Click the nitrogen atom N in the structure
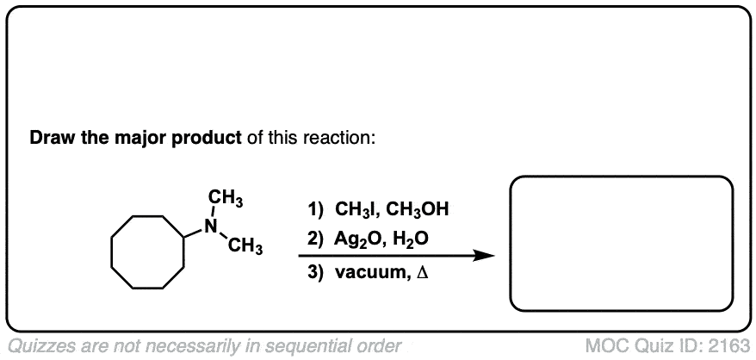click(x=210, y=226)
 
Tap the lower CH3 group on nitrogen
click(x=245, y=247)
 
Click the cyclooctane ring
click(x=111, y=251)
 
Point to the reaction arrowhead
click(x=484, y=256)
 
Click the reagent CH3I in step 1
click(x=356, y=210)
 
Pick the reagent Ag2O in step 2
click(x=356, y=239)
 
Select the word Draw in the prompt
click(x=50, y=139)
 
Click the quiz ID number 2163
click(x=728, y=345)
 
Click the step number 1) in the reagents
click(x=316, y=210)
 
